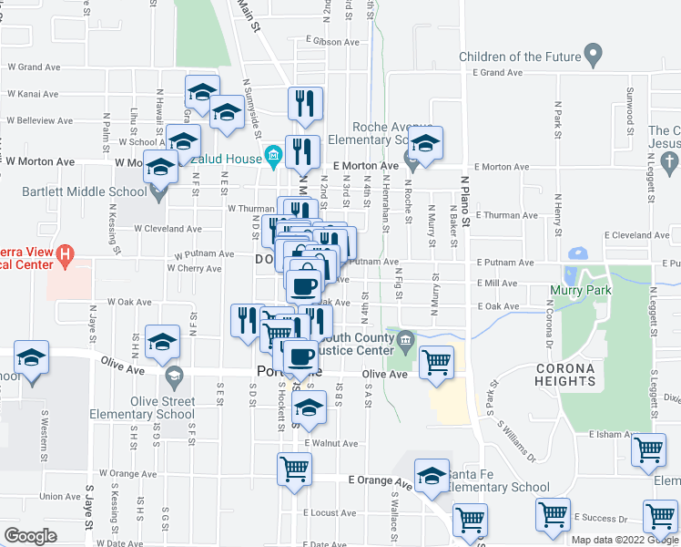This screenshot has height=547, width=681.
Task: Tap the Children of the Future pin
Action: coord(594,56)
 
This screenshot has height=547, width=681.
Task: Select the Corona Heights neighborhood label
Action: coord(564,376)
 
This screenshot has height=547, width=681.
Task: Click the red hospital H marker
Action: coord(64,256)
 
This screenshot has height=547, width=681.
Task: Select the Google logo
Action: coord(30,536)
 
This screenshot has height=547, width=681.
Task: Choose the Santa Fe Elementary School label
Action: coord(497,488)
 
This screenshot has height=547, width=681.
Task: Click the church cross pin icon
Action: coord(669,163)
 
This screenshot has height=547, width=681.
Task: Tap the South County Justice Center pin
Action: coord(407,340)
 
